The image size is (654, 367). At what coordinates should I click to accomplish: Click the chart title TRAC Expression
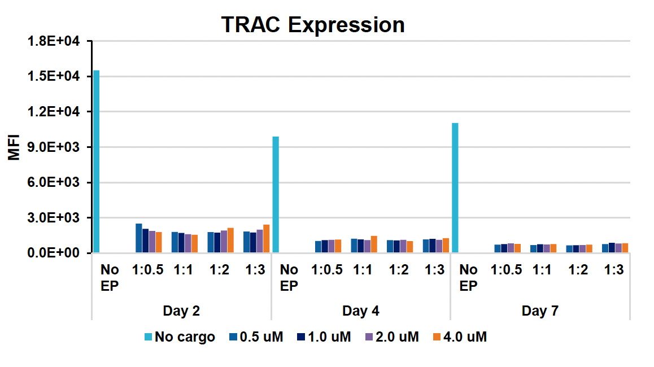coord(312,25)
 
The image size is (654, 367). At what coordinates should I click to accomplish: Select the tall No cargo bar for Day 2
coord(97,161)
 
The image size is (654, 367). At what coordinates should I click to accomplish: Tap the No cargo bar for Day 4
coord(276,195)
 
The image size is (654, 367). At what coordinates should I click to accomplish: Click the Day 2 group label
coord(181,311)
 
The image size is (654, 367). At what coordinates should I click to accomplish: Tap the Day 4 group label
coord(361,311)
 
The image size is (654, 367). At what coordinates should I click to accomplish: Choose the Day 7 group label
coord(540,311)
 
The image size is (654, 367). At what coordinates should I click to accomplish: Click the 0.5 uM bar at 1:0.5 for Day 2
coord(139,238)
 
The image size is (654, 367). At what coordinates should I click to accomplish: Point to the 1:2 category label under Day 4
coord(399,270)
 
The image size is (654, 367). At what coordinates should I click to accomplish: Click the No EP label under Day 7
coord(468,278)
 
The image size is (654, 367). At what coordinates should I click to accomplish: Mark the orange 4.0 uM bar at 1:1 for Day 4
coord(374,244)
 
